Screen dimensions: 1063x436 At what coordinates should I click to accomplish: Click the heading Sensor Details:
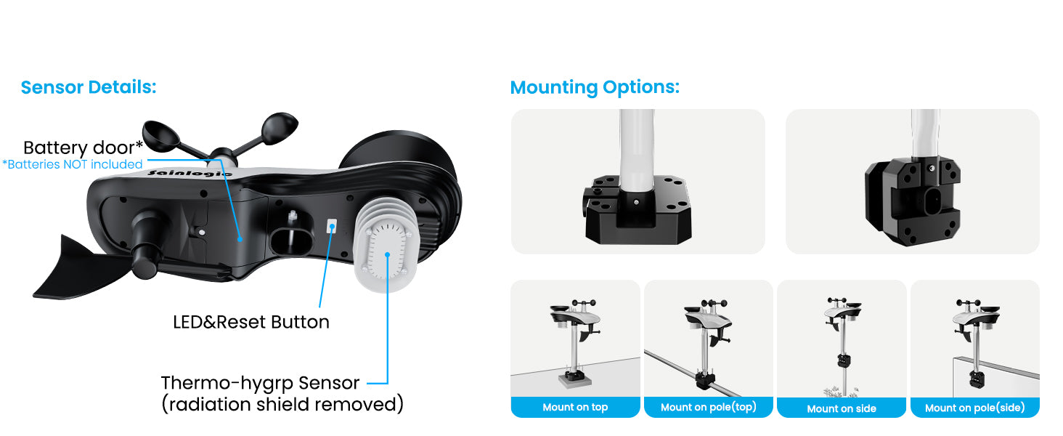(89, 87)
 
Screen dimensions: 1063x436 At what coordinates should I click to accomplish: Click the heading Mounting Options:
(595, 88)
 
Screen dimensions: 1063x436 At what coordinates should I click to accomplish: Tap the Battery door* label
(83, 148)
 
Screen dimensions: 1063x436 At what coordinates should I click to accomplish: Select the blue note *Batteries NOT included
(72, 164)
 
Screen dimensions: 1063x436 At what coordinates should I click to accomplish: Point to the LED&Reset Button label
(251, 322)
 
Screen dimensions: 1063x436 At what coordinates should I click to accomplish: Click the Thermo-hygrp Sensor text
(260, 383)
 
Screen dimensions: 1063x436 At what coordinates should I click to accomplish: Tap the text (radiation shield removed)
(282, 404)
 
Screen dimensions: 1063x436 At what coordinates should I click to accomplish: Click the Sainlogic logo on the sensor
(190, 174)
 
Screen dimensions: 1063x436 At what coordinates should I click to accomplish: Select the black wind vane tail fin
(81, 268)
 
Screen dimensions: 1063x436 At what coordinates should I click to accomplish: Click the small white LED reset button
(332, 225)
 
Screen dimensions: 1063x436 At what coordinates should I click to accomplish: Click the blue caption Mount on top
(575, 407)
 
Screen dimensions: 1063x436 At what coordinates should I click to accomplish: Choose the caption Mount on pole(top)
(709, 407)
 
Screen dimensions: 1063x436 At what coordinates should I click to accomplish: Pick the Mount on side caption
(842, 408)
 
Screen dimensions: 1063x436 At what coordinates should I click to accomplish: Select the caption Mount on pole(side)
(974, 408)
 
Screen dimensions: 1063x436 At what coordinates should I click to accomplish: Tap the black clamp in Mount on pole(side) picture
(975, 379)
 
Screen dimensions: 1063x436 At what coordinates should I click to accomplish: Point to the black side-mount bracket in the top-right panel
(912, 201)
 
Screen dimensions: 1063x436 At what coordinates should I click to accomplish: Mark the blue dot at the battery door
(240, 239)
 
